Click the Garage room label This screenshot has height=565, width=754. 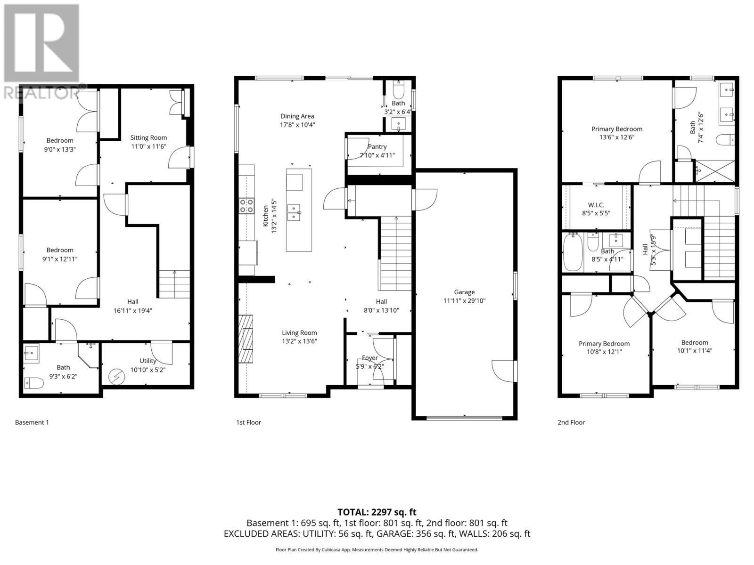pos(464,292)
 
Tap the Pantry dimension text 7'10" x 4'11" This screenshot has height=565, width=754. pos(377,155)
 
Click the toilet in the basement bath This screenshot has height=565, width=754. pos(34,383)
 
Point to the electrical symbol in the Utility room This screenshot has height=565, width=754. pos(115,377)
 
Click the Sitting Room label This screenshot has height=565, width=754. pos(148,137)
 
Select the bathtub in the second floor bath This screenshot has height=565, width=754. pos(573,253)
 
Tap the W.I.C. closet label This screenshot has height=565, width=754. pos(596,205)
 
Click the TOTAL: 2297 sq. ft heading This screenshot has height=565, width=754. pos(377,512)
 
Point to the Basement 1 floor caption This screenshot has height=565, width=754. pos(32,422)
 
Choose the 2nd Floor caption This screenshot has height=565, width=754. pos(571,422)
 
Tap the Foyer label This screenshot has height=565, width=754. pos(369,358)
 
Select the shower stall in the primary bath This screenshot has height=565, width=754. pos(715,171)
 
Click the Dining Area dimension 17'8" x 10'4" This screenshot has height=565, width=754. pos(297,125)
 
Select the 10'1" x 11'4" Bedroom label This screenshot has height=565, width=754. pos(694,350)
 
